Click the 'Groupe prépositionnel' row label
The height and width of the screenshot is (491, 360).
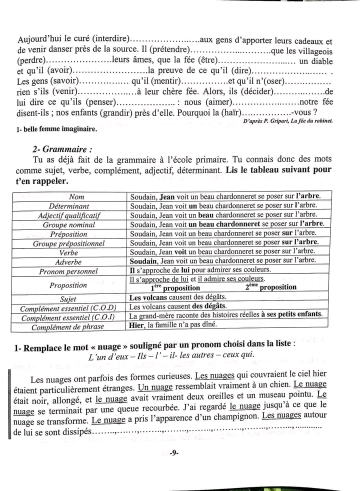click(69, 243)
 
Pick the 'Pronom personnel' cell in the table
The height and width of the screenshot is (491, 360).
click(69, 271)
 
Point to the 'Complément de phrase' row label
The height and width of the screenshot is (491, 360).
click(68, 327)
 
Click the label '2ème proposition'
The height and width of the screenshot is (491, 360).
click(270, 287)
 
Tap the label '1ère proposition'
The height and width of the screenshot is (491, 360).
click(175, 288)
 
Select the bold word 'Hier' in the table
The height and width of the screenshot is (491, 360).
click(136, 324)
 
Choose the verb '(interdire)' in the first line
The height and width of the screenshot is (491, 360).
click(106, 40)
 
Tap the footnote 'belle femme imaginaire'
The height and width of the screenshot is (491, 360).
click(58, 129)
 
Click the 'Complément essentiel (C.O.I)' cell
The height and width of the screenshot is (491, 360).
click(68, 317)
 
